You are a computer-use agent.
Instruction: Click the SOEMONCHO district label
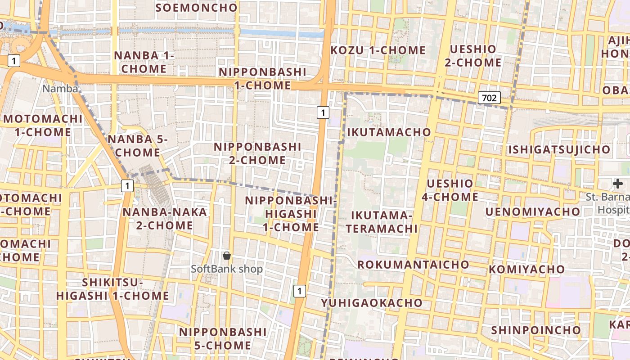[196, 8]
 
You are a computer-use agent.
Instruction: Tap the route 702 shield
[489, 98]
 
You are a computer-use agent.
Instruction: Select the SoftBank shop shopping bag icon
[227, 256]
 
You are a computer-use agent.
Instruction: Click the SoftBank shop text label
[227, 269]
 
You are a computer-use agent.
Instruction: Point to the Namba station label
[60, 89]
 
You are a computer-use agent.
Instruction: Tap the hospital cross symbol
[618, 183]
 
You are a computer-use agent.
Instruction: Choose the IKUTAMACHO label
[389, 132]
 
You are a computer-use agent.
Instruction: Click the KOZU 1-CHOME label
[378, 50]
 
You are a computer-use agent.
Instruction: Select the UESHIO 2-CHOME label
[473, 56]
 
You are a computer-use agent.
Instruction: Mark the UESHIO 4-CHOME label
[450, 190]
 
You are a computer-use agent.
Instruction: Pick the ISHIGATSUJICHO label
[559, 149]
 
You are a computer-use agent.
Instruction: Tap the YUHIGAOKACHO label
[372, 303]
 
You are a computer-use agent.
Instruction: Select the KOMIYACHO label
[526, 269]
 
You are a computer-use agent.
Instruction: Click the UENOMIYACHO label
[533, 211]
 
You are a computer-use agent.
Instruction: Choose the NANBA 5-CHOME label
[137, 146]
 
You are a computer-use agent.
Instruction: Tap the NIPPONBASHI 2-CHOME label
[257, 153]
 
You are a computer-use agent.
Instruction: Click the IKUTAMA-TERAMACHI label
[382, 222]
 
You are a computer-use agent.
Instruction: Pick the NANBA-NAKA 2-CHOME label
[165, 218]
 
